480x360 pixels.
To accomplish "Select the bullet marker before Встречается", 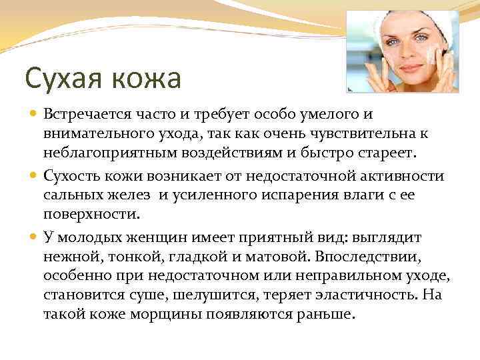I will click(x=34, y=116).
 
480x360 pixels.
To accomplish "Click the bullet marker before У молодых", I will click(x=34, y=237).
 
